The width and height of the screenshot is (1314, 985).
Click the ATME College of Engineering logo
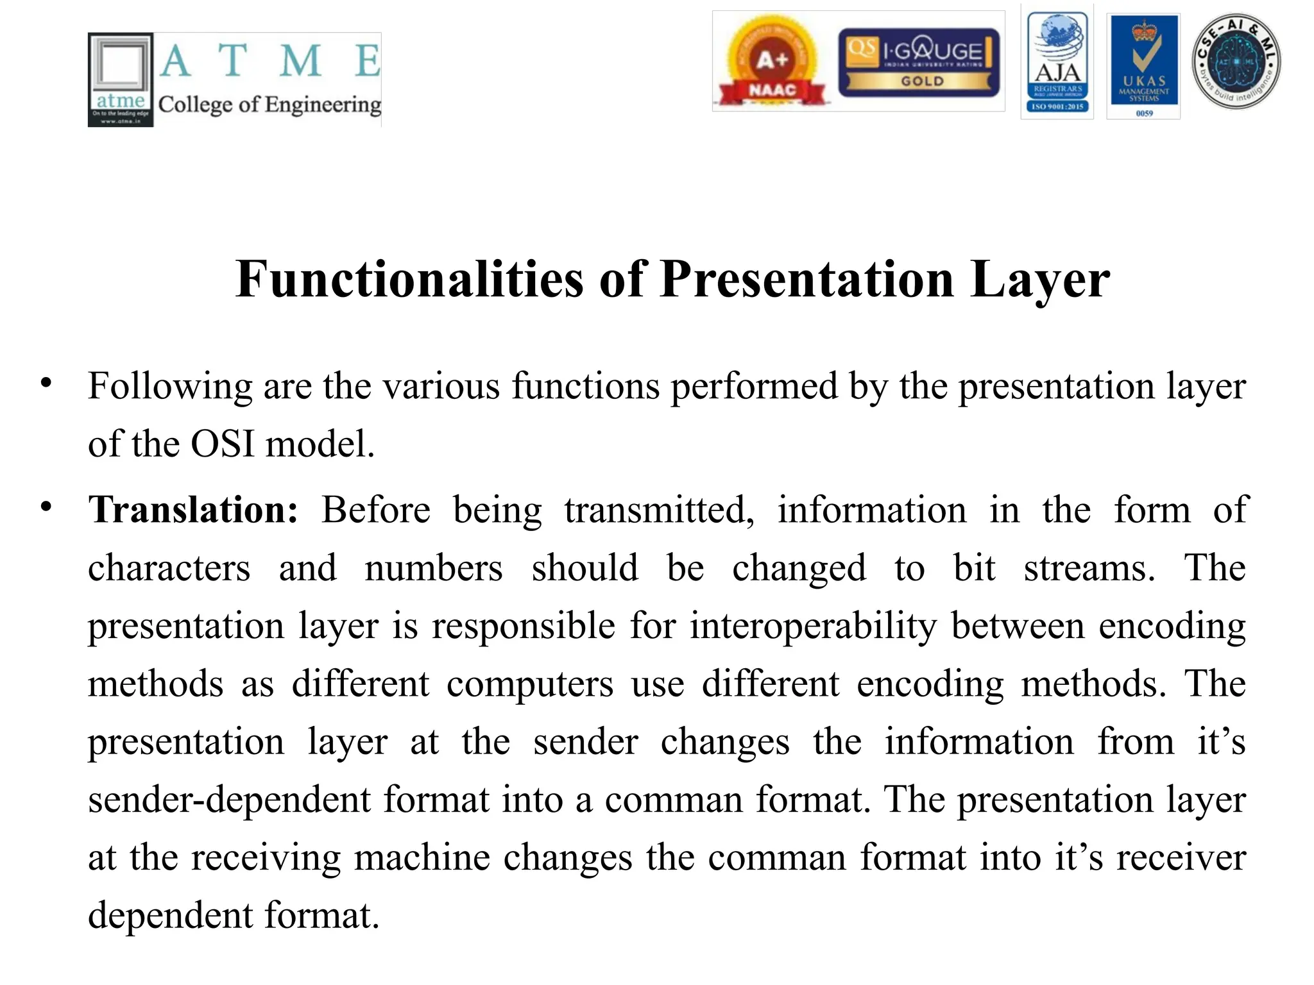234,80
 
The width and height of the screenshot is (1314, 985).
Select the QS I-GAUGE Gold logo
918,62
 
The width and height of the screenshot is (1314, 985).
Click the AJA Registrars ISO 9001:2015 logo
1057,63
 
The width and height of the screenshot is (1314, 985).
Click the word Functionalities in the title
410,280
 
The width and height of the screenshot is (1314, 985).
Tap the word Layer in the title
1039,280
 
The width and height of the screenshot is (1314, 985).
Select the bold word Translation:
193,510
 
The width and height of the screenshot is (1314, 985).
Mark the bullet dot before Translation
46,507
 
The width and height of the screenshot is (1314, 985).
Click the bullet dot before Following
46,383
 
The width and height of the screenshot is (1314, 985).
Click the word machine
422,858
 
